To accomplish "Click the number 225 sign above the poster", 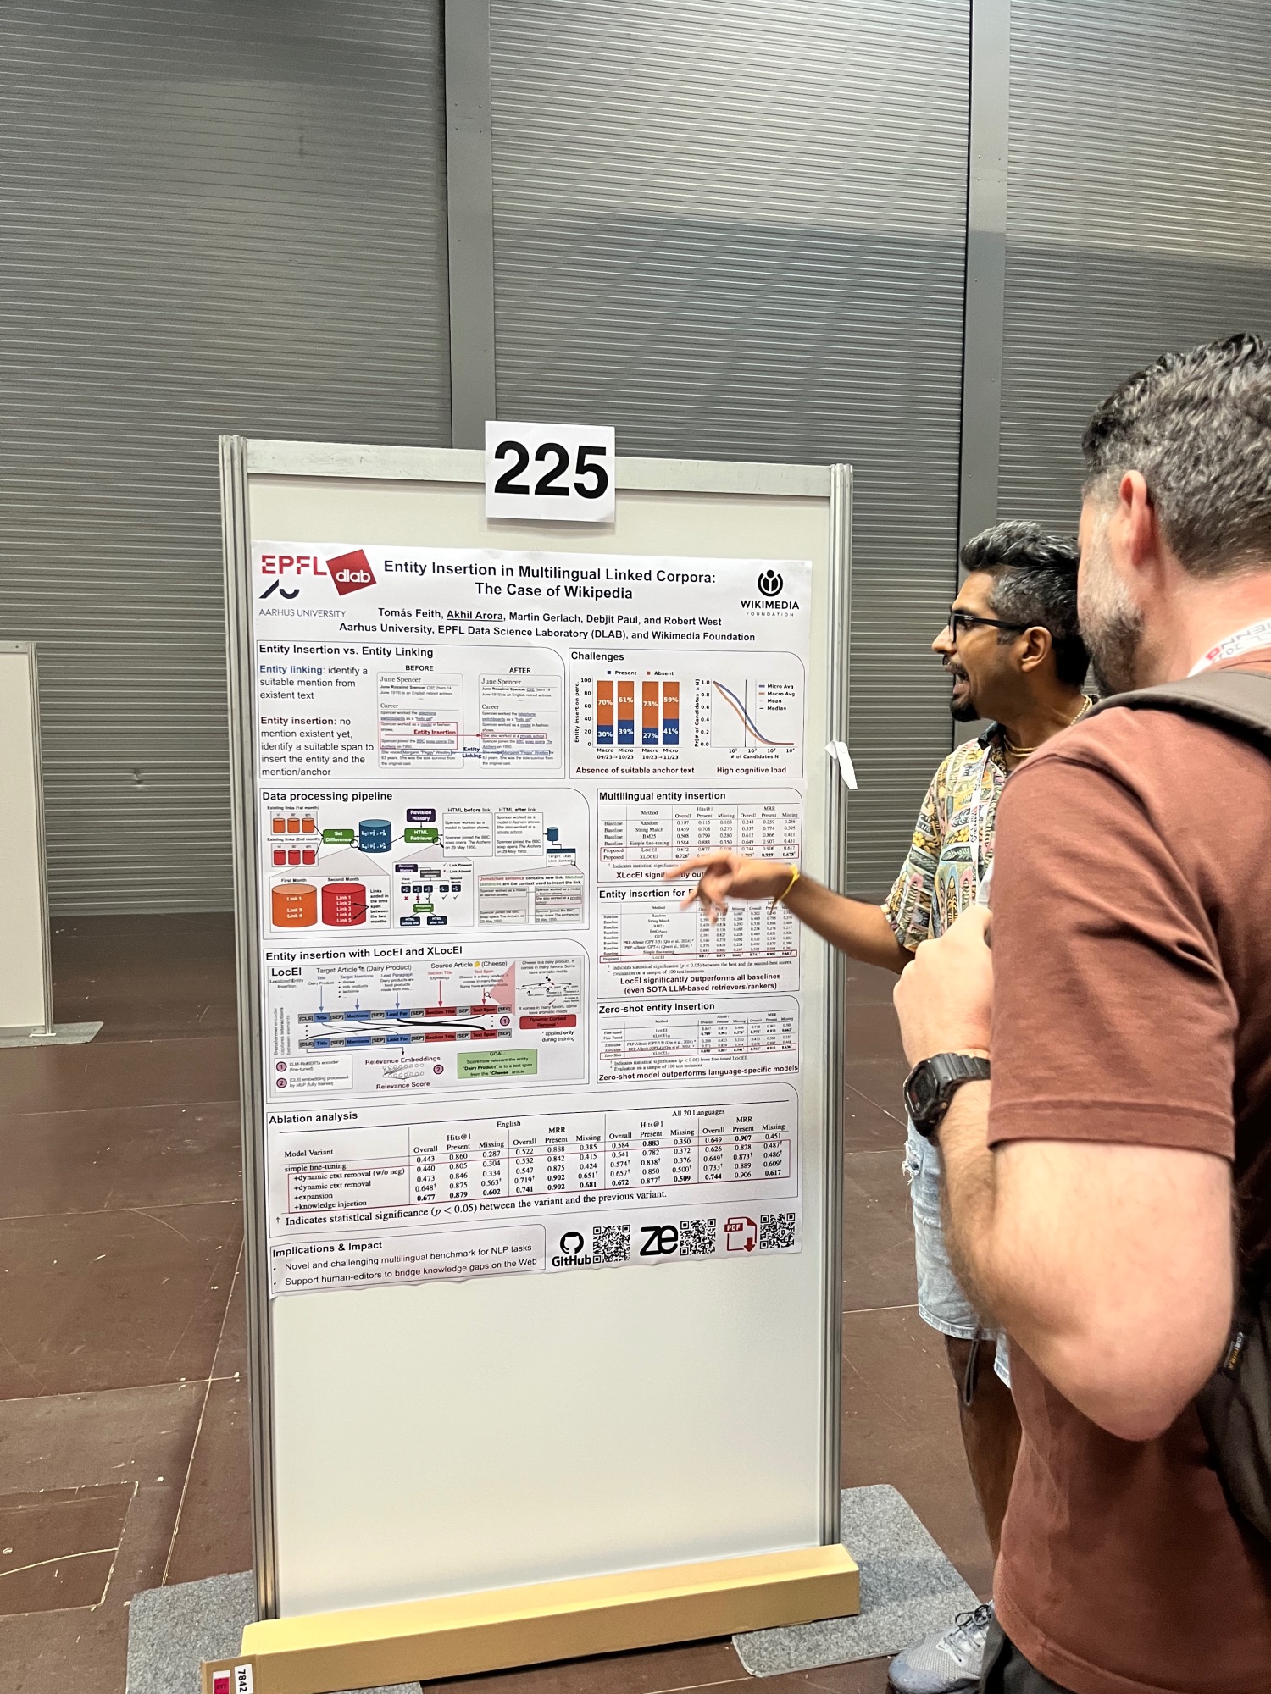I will (550, 471).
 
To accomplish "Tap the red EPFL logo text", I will (292, 565).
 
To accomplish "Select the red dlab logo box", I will (352, 574).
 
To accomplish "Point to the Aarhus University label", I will (302, 612).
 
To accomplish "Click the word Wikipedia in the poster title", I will (596, 593).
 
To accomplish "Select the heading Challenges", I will (597, 656).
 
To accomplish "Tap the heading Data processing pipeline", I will (327, 796).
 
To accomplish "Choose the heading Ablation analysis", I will (313, 1118).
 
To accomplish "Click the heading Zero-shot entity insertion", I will (657, 1007).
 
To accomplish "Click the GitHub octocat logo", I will (572, 1244).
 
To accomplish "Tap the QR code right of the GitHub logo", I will (611, 1243).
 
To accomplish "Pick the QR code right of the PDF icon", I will (778, 1232).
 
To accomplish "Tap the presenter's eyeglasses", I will (983, 625).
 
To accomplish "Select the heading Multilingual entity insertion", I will (662, 796).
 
